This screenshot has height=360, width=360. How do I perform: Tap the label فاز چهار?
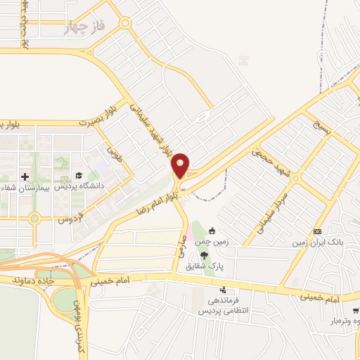[x=84, y=27]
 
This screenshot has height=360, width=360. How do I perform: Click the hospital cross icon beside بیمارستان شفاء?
[x=25, y=176]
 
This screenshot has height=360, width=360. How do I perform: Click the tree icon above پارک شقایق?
[x=205, y=255]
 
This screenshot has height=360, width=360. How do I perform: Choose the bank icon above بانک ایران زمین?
[x=318, y=231]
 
